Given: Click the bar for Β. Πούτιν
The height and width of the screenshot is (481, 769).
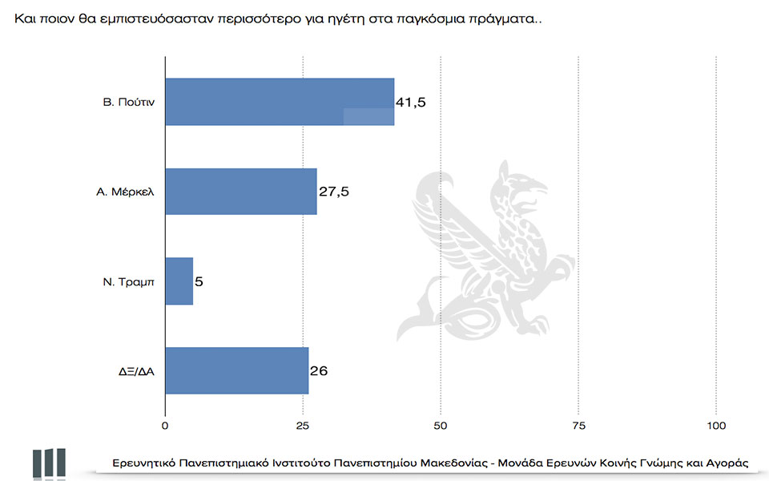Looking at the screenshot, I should click(279, 102).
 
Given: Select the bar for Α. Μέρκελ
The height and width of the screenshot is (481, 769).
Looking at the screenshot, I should click(240, 192).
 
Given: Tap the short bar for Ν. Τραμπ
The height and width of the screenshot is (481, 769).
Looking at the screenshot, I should click(179, 281).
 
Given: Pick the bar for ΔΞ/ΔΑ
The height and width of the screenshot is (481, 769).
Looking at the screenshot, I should click(236, 371).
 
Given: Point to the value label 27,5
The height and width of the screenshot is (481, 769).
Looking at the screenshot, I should click(333, 192).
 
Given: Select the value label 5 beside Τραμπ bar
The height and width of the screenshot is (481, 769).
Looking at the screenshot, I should click(199, 281).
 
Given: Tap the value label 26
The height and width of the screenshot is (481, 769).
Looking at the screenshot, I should click(319, 371).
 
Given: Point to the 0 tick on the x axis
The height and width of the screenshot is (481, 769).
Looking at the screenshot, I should click(165, 425).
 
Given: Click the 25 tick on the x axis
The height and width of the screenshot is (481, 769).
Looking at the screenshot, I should click(303, 425).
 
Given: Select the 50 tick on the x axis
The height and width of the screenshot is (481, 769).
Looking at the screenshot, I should click(441, 425).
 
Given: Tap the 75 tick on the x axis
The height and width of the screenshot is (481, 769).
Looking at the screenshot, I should click(578, 425).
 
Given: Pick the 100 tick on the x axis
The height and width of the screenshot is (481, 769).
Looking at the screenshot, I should click(716, 425).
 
